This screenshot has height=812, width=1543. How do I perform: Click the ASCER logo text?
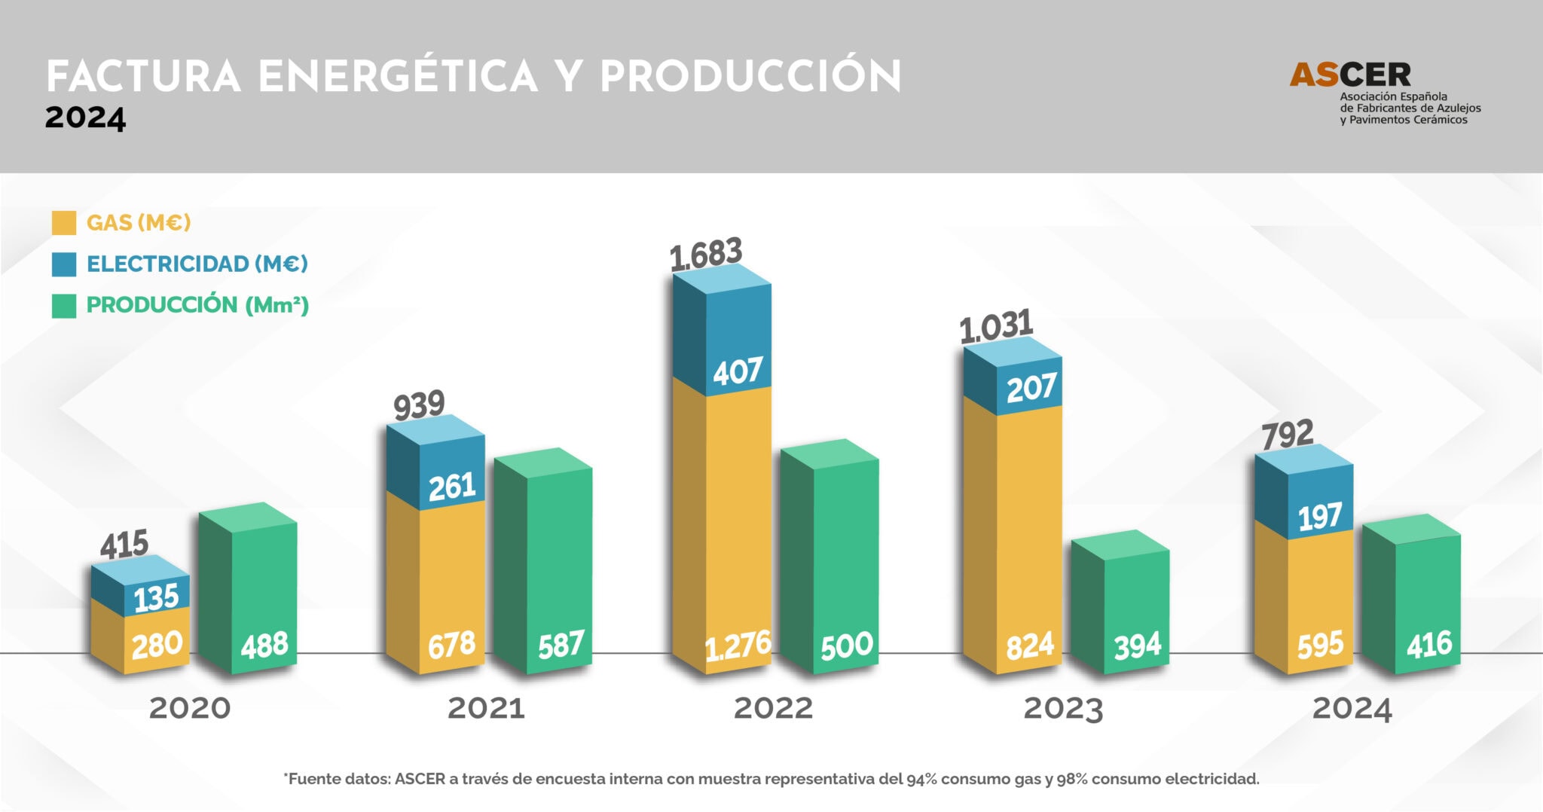tap(1350, 75)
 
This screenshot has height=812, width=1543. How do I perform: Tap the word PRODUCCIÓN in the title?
tap(750, 77)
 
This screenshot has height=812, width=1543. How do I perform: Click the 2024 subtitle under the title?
tap(85, 119)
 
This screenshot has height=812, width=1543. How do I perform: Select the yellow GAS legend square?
tap(64, 223)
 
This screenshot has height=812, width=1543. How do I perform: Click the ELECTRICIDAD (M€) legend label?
tap(197, 264)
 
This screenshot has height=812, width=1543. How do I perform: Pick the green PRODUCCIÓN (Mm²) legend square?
tap(64, 306)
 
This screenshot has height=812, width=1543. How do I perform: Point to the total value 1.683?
tap(706, 255)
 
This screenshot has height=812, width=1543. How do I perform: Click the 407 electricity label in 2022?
tap(738, 371)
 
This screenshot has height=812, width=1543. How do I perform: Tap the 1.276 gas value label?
tap(738, 646)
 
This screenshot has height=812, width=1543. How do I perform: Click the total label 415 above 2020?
tap(124, 545)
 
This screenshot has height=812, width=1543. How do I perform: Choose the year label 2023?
tap(1062, 709)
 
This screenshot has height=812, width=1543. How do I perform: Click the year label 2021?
tap(486, 709)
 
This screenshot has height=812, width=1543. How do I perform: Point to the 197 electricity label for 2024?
tap(1319, 517)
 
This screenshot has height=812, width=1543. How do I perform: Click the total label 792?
tap(1288, 435)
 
